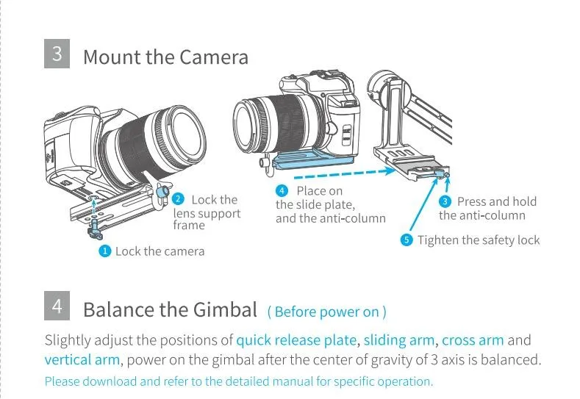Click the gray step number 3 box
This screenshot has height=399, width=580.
point(57,55)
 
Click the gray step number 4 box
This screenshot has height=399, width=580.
point(57,307)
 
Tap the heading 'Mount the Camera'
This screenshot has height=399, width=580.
point(165,57)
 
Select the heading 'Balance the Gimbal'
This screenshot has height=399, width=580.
point(170,309)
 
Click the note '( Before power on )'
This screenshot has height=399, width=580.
point(326,312)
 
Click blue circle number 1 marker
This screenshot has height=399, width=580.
point(105,251)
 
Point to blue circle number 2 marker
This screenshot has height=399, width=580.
point(178,199)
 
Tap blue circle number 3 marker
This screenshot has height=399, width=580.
point(445,201)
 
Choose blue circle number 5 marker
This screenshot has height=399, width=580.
point(407,240)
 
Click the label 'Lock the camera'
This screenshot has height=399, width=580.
point(160,251)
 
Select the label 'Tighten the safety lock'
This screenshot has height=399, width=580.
point(479,240)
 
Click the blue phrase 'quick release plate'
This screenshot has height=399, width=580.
point(297,340)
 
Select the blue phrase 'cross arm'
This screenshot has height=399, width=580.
point(473,340)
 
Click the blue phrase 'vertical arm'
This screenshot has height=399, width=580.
point(82,359)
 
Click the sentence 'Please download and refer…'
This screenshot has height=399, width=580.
point(239,381)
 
